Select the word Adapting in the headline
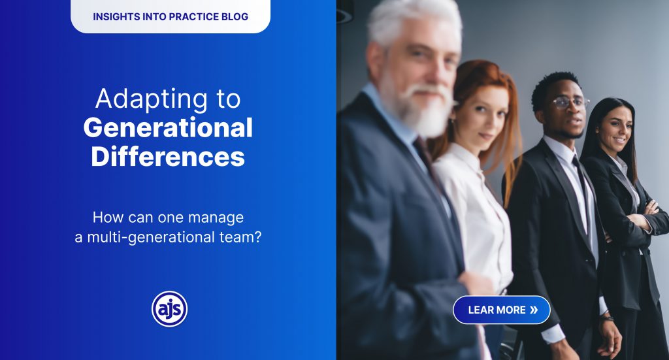pos(152,100)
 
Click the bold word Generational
pos(168,127)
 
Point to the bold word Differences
pos(168,156)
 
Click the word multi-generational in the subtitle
pos(151,237)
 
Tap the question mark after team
pos(257,237)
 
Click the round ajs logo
pos(169,309)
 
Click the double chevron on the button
pos(534,310)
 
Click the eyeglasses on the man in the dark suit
pos(571,102)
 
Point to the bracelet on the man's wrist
pos(606,318)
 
